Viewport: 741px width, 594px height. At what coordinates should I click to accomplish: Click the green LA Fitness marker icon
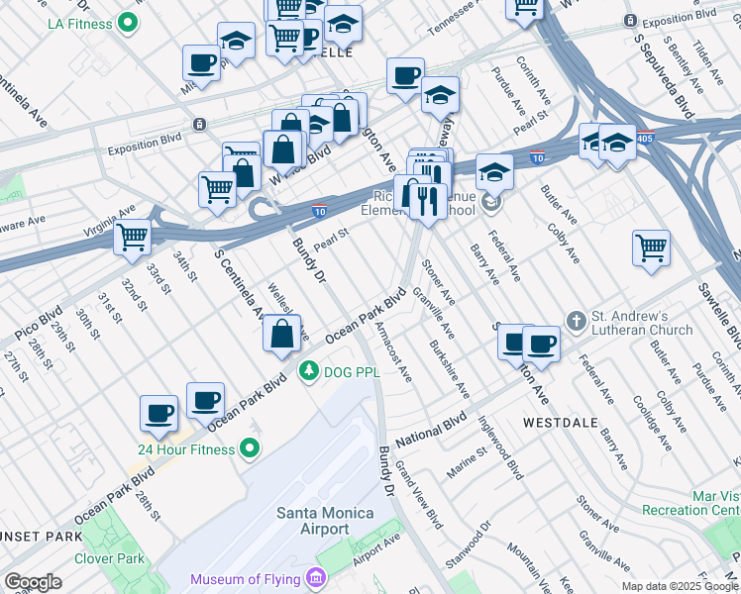click(x=127, y=22)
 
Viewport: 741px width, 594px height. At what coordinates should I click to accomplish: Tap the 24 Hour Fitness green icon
click(x=249, y=449)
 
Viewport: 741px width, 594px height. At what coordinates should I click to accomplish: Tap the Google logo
click(x=33, y=582)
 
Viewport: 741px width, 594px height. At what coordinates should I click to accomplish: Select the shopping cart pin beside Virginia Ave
click(x=133, y=238)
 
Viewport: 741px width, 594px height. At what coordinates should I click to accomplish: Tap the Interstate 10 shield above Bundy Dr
click(x=319, y=210)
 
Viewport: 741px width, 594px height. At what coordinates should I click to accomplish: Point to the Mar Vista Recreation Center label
click(x=703, y=502)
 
